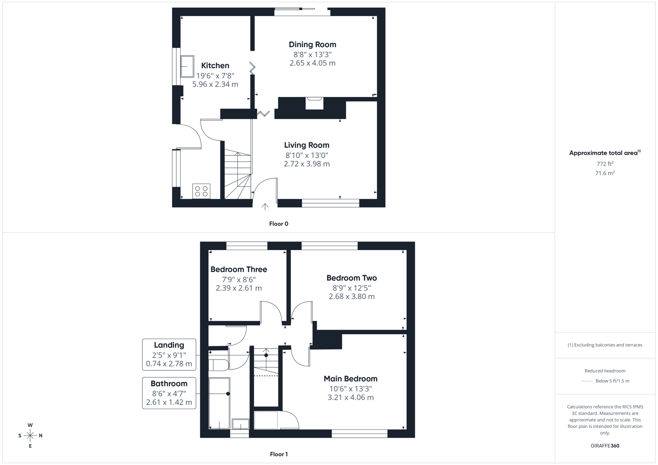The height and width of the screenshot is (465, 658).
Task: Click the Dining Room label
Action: [x=312, y=44]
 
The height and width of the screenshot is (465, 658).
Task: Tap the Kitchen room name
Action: [x=215, y=65]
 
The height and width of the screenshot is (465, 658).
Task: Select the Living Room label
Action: [x=306, y=145]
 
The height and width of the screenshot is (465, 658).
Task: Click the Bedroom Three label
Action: [x=239, y=270]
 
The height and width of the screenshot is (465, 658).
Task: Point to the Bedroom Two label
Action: [x=352, y=278]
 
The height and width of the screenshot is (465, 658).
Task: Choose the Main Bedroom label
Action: [x=350, y=379]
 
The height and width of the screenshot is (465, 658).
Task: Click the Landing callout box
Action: [x=169, y=354]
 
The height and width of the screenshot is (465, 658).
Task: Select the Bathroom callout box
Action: [x=169, y=393]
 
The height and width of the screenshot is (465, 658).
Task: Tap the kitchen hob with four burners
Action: [x=201, y=191]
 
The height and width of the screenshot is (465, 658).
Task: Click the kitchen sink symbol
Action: [x=187, y=66]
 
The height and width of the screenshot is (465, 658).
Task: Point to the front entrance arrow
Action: [x=265, y=207]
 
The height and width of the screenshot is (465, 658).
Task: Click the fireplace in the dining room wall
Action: [x=315, y=103]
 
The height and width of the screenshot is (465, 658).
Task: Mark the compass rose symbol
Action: [x=30, y=436]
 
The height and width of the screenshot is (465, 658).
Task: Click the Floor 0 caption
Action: [x=279, y=224]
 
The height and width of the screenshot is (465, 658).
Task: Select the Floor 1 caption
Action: [x=279, y=454]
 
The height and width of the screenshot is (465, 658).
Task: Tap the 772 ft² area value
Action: [x=605, y=164]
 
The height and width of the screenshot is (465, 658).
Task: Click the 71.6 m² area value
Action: [x=605, y=173]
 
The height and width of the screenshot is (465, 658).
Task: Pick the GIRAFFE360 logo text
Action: [x=605, y=446]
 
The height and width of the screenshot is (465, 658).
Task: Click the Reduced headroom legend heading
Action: [x=605, y=371]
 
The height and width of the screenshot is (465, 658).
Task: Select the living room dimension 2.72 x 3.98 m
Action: [x=306, y=164]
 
